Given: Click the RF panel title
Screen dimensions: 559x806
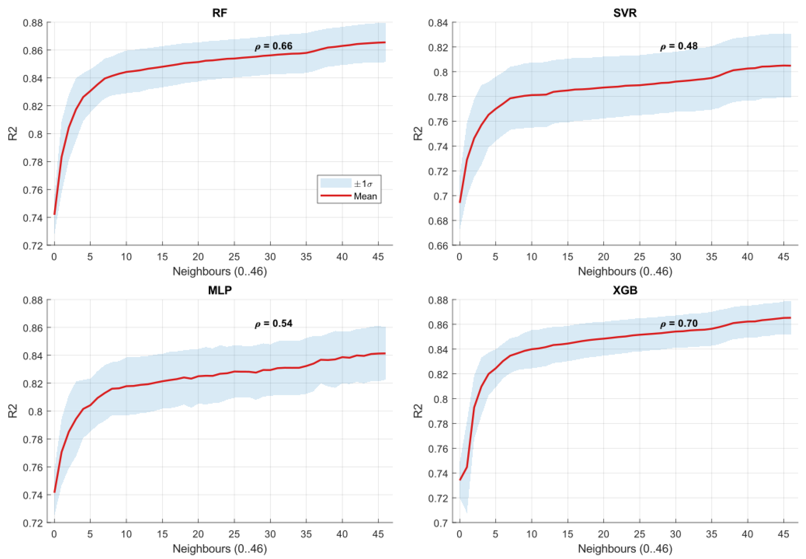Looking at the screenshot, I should pos(220,13).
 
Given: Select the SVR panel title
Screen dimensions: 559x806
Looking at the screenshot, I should pos(625,13).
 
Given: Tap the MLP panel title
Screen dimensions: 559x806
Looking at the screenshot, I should pos(220,290).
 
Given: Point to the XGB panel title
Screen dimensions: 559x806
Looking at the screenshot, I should pos(625,290).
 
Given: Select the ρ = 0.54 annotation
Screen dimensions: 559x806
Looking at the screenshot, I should pos(273,323).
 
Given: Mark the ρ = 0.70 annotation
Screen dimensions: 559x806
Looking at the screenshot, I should pos(679,323).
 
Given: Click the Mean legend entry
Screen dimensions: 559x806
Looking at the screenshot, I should pos(365,196).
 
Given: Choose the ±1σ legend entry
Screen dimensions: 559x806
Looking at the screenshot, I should pos(363,183).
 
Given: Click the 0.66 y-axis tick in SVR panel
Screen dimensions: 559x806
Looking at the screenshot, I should pos(438,246).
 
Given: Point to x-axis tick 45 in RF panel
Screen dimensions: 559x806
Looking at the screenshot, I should pos(378,257).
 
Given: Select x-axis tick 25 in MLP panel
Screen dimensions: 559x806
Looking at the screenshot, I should pos(234,534).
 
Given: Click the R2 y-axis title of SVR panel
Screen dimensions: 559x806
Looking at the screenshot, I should pos(418,134).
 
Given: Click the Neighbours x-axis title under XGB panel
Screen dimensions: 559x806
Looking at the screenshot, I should pos(625,549).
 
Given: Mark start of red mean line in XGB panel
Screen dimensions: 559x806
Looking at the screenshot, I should pos(460,480).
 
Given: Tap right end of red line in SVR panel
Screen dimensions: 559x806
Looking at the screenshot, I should pos(790,65).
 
